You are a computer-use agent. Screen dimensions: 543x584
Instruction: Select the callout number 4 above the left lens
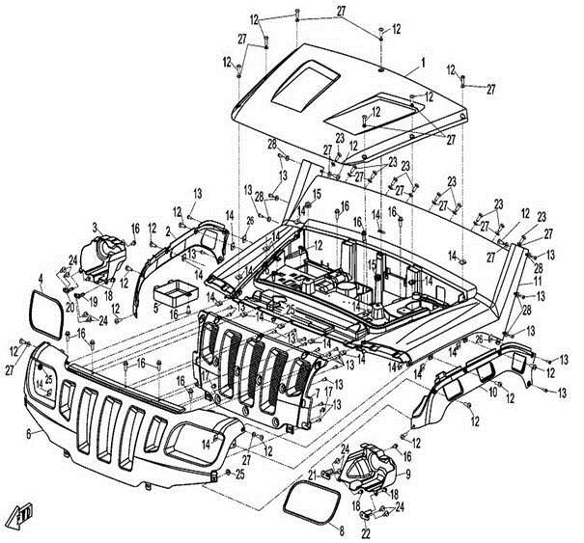click(40, 279)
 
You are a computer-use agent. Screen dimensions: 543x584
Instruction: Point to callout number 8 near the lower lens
click(340, 530)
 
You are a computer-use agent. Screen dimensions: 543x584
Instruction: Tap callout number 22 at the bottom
click(367, 531)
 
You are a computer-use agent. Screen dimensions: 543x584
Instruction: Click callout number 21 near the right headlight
click(313, 474)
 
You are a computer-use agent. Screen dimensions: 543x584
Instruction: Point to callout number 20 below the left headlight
click(70, 307)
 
